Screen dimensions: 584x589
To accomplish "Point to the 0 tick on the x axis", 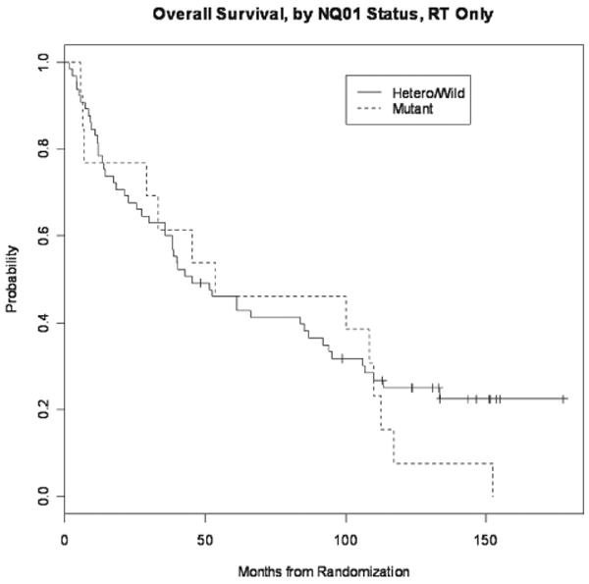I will click(65, 539).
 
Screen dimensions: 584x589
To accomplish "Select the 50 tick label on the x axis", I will click(205, 539).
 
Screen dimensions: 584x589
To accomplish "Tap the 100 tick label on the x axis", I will click(346, 539).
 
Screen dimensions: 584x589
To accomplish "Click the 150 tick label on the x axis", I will click(486, 539).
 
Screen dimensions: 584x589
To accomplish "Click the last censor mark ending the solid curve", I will click(563, 398).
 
